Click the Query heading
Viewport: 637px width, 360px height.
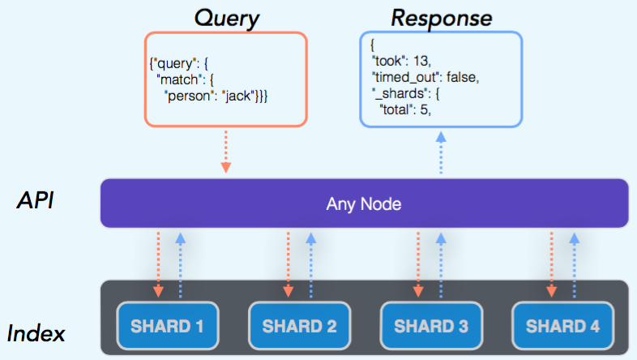point(227,17)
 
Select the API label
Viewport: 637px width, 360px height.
point(36,201)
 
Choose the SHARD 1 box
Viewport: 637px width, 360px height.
point(168,327)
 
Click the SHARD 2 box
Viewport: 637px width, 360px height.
point(299,327)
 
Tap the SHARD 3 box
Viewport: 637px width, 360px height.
point(430,327)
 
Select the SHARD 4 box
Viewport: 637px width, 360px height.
point(562,327)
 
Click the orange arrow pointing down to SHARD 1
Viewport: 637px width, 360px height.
point(159,264)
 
